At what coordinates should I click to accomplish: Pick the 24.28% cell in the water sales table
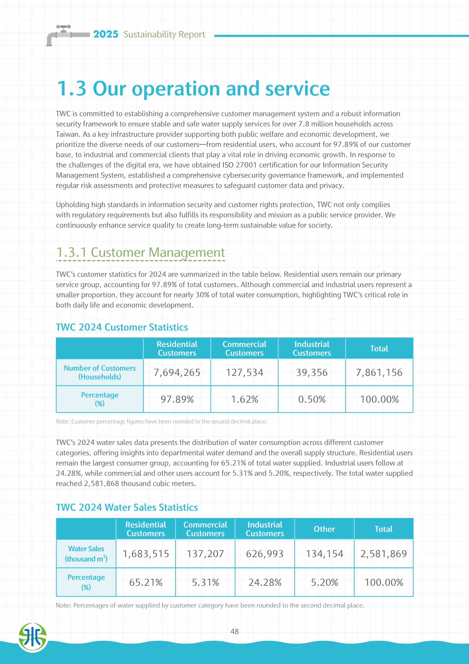[x=265, y=582]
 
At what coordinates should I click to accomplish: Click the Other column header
[x=324, y=529]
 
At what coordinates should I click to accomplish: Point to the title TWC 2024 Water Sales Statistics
[x=127, y=507]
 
